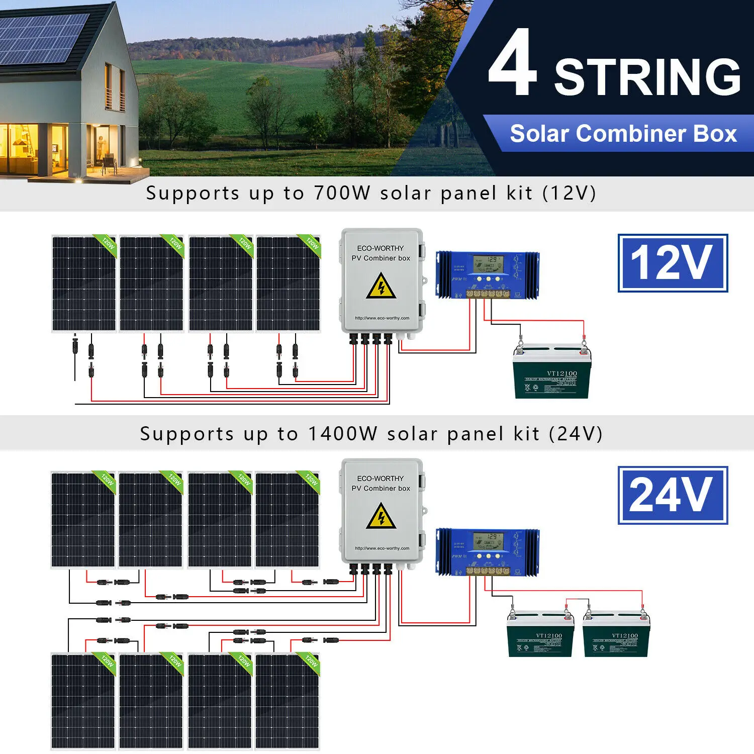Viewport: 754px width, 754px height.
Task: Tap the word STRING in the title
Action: pos(647,76)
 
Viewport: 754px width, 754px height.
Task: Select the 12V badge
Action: pos(673,262)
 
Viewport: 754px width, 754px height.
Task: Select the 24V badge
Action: pos(673,495)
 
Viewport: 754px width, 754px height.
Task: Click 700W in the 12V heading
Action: pos(342,193)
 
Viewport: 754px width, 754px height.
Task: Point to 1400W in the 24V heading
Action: pos(342,434)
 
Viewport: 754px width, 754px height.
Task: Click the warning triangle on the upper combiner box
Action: pos(381,286)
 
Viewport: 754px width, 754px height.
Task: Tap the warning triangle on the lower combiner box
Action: pos(381,516)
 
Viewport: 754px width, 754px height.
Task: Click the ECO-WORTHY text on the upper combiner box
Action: pos(381,248)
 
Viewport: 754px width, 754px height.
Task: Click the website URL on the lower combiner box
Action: pos(382,548)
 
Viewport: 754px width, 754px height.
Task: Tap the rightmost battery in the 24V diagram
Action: pos(616,636)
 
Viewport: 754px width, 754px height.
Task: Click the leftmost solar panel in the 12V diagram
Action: pos(84,284)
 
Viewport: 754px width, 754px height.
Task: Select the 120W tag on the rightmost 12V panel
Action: pos(312,244)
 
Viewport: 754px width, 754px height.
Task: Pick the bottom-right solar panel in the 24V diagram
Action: pos(287,701)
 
